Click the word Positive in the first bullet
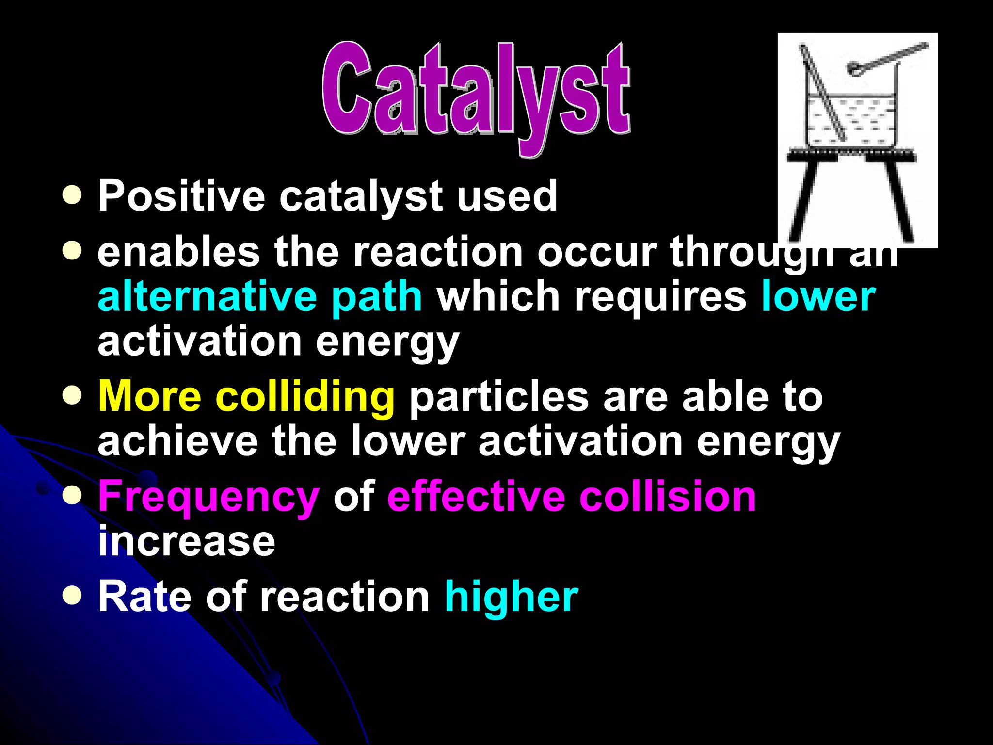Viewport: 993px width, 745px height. (x=181, y=196)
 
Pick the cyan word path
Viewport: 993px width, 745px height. (x=376, y=297)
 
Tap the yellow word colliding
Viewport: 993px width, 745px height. (x=305, y=397)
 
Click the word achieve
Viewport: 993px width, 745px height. (x=177, y=441)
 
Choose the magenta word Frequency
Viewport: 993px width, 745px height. (x=208, y=497)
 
